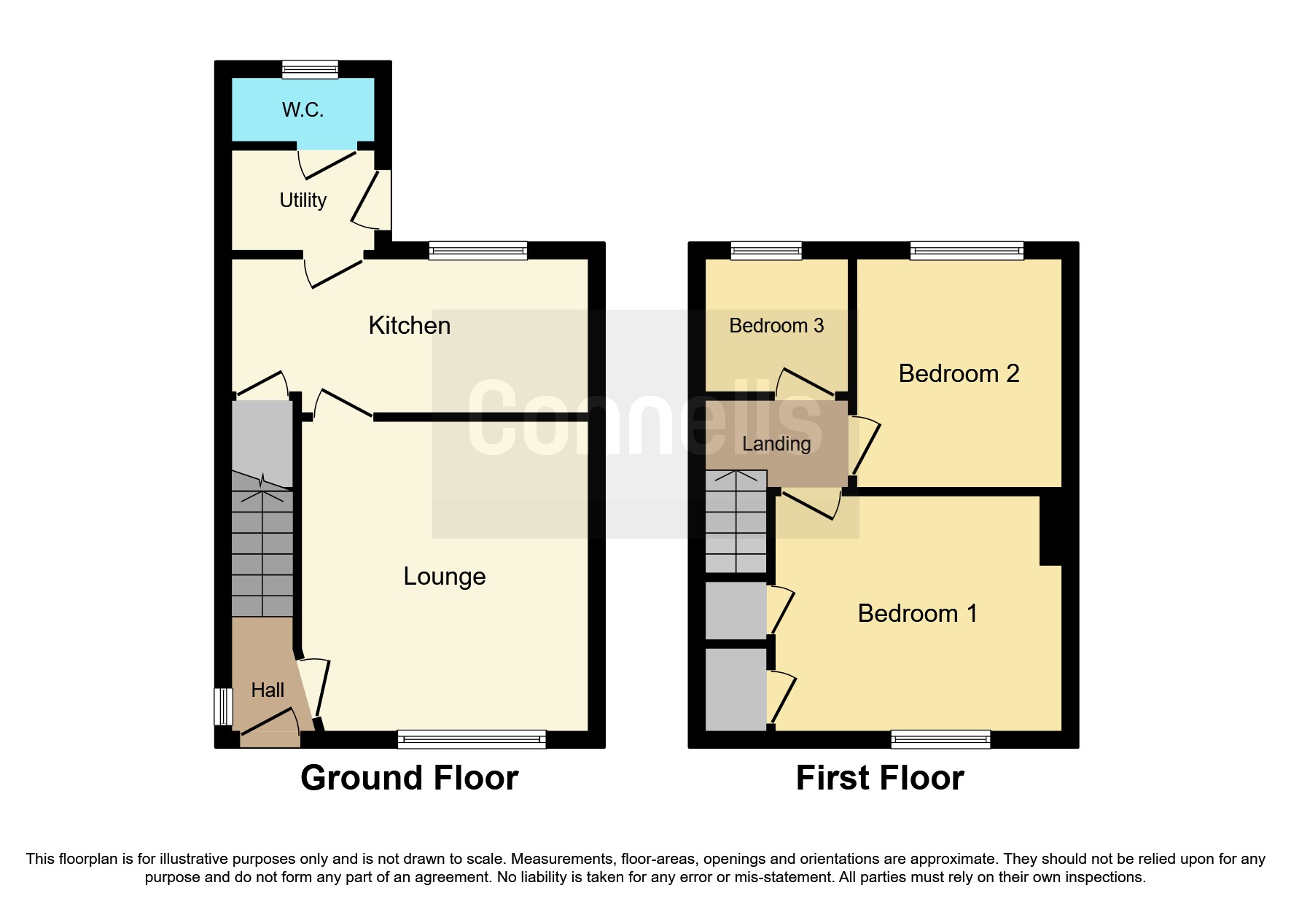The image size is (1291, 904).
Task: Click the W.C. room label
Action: point(303,110)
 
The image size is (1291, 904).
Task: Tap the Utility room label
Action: point(303,200)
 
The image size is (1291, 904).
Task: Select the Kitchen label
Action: point(409,325)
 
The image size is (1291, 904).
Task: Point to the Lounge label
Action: point(444,576)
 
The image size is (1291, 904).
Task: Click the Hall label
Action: point(268,690)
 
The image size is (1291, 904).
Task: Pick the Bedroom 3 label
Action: point(776,325)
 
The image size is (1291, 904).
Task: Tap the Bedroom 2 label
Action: point(959,373)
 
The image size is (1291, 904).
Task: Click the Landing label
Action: point(776,443)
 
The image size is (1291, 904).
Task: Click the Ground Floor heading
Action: point(409,778)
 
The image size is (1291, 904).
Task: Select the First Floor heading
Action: point(880,778)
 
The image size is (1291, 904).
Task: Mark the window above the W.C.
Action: point(311,69)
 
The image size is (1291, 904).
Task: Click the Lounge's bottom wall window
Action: point(472,739)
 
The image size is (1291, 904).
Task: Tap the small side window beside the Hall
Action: point(222,706)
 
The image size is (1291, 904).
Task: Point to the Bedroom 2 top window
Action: point(967,250)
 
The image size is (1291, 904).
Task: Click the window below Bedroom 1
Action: point(940,739)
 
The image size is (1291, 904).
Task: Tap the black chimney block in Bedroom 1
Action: point(1050,529)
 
